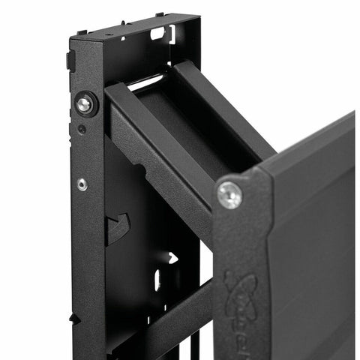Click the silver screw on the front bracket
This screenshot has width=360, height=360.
(229, 195)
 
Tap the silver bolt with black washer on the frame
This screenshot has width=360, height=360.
(85, 104)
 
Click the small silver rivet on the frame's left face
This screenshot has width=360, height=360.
(82, 184)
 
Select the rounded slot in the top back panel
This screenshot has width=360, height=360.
(157, 33)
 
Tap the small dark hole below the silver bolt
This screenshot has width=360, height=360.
(81, 128)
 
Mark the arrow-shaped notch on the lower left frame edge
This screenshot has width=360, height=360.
(75, 319)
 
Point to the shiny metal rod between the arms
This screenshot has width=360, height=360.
(148, 79)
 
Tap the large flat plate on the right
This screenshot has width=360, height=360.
(315, 247)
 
